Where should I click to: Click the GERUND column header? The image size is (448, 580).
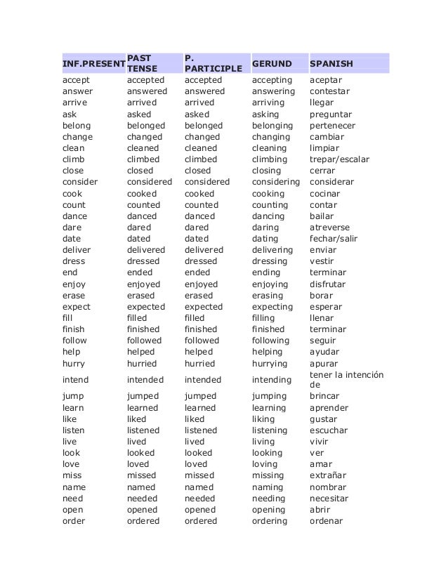coord(270,63)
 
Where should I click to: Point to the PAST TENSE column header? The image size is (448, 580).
coord(142,63)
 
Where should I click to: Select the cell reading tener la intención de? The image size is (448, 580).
coord(346,380)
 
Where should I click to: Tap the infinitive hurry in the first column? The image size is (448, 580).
coord(75,363)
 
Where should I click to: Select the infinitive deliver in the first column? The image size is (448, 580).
coord(77,250)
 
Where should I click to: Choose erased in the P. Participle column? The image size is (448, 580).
coord(199,296)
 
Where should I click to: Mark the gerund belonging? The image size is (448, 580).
coord(273,126)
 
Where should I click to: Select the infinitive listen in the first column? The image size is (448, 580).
coord(74,430)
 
